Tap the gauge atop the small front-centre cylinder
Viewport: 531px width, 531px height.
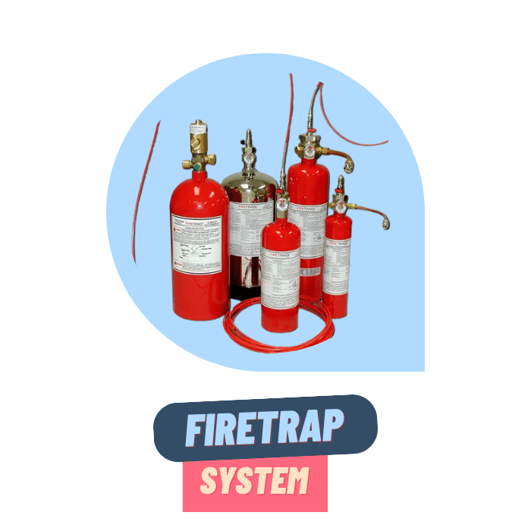(281, 203)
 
